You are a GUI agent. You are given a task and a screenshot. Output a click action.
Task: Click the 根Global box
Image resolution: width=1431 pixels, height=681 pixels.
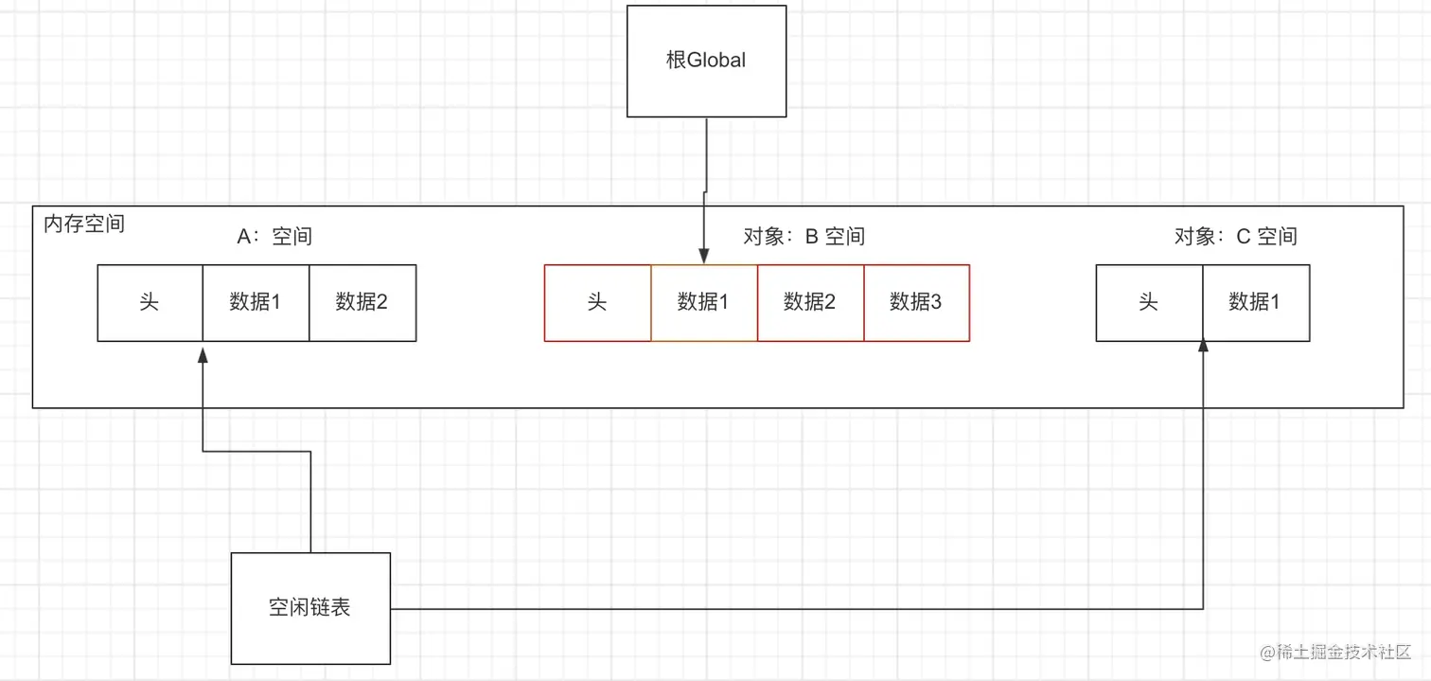(x=706, y=61)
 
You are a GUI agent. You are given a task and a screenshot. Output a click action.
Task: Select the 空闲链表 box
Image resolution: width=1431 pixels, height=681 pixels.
(x=310, y=607)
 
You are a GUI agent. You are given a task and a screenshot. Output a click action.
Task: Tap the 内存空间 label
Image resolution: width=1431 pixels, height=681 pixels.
(x=84, y=224)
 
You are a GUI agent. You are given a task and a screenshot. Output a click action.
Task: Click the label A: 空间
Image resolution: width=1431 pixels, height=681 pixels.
(x=274, y=236)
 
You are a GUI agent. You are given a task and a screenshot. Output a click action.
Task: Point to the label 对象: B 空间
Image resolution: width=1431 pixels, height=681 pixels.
(x=804, y=236)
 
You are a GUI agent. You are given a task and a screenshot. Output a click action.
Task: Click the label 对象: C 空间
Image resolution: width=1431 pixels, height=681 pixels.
(x=1235, y=236)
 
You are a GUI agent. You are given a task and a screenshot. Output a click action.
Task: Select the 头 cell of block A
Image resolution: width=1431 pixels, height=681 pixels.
(x=150, y=302)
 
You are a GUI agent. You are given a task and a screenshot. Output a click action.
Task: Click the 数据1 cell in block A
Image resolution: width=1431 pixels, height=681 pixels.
(x=256, y=302)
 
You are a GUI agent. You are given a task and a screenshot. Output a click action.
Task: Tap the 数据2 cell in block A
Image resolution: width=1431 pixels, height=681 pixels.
(x=362, y=302)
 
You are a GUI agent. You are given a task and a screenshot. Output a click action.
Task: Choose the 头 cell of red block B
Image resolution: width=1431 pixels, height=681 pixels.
(x=597, y=302)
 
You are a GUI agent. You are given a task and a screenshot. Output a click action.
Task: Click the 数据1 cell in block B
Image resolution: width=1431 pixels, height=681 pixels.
(x=703, y=302)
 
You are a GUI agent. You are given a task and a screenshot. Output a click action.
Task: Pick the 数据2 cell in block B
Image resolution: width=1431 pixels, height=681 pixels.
(x=810, y=302)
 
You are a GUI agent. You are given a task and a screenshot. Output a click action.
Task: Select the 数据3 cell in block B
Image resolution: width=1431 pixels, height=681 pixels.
(x=916, y=302)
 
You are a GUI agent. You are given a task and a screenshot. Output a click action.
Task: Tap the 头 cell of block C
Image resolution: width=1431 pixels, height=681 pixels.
(x=1149, y=302)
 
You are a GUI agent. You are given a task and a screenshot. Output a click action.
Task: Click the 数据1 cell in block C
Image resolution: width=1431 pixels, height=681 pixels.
(x=1255, y=302)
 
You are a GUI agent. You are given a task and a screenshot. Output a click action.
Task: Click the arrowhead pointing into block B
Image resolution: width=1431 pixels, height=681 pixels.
(x=703, y=257)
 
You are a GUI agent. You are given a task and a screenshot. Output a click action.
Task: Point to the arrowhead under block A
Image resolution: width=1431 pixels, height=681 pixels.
(x=203, y=351)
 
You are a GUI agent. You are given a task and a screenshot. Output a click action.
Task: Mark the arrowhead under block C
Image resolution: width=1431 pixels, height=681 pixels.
(x=1203, y=349)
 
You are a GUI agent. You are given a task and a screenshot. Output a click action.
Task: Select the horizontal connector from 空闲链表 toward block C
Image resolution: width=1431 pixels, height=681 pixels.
(x=795, y=608)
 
